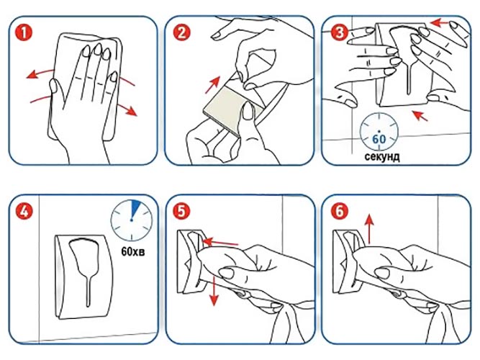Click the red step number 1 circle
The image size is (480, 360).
24,33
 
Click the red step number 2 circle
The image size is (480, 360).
181,33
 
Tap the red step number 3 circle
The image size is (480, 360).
339,33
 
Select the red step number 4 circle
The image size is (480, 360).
24,212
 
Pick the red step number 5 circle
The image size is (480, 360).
181,211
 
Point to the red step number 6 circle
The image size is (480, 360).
340,211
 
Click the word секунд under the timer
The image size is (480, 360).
381,156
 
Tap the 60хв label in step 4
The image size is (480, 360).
133,251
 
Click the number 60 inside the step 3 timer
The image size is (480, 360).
379,139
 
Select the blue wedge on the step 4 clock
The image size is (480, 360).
135,208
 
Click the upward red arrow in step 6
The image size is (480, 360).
370,229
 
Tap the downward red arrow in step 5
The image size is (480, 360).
214,291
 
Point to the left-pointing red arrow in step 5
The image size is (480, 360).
220,243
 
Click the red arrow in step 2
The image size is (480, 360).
213,85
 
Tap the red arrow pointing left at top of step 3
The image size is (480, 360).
439,22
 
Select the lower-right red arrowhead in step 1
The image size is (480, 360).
131,111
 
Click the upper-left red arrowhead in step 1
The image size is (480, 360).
32,75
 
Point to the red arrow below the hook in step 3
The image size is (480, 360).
420,115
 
